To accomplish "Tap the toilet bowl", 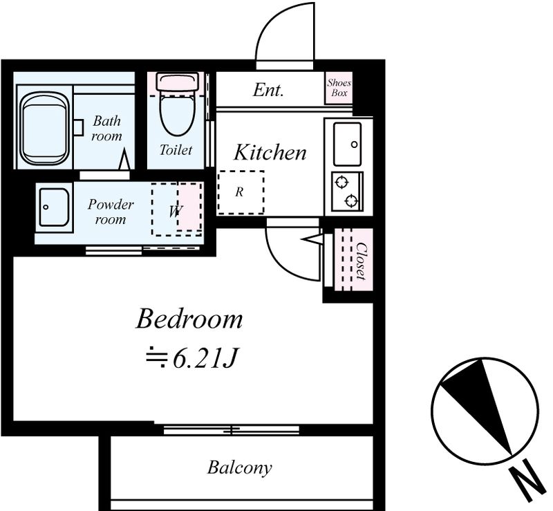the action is [x=177, y=112].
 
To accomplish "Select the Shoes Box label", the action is [x=339, y=88].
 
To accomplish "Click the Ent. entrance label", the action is [x=268, y=90].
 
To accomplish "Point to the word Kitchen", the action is [x=270, y=152].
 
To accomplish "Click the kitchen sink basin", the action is [x=348, y=144].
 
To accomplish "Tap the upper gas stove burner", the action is [x=341, y=183].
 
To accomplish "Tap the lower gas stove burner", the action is [x=351, y=201].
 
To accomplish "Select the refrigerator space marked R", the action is [x=241, y=192].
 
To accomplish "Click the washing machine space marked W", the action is [x=177, y=209].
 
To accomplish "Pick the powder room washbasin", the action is [x=54, y=207].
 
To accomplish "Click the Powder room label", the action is [x=111, y=212].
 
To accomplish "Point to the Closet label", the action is [x=361, y=261].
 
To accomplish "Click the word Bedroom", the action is [x=189, y=319].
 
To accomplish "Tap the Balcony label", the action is [x=239, y=467].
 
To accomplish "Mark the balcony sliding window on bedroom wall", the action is [x=232, y=430].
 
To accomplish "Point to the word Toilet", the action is [x=176, y=150].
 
